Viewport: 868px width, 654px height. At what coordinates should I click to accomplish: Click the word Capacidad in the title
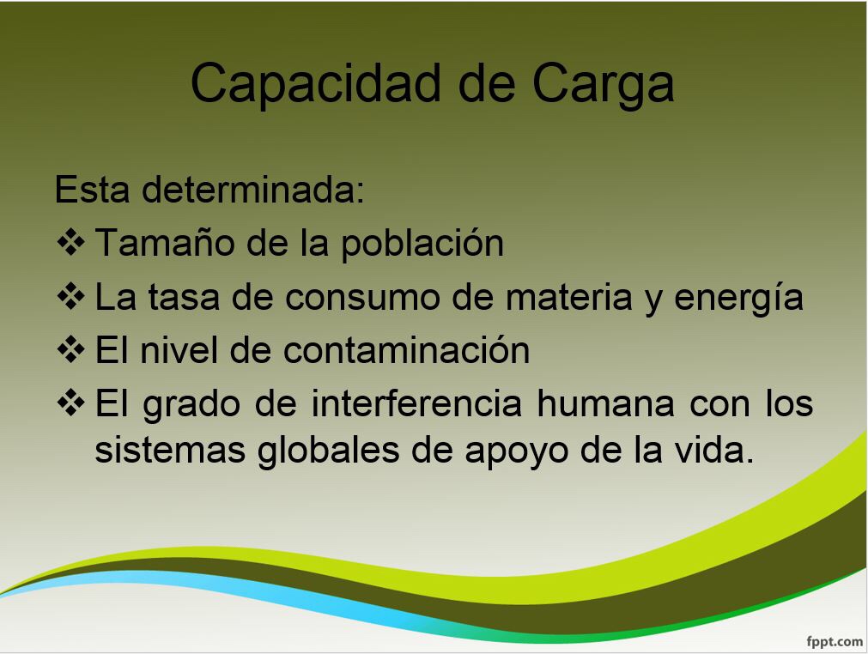[315, 83]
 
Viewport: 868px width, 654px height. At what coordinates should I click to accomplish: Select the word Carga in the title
[604, 83]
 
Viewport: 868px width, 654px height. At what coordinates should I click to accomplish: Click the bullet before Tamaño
[71, 242]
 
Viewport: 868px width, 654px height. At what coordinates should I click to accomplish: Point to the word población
[422, 244]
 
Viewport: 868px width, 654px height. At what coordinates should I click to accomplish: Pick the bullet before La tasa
[71, 296]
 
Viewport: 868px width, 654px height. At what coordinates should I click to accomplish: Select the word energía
[739, 298]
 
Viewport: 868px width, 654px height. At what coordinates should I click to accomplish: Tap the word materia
[569, 297]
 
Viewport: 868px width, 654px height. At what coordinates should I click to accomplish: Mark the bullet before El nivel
[71, 349]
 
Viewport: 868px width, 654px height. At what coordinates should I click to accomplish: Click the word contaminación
[407, 349]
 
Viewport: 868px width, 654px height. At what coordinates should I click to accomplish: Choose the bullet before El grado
[71, 403]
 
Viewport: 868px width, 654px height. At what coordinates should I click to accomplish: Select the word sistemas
[170, 450]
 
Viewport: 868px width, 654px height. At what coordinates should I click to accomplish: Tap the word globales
[328, 451]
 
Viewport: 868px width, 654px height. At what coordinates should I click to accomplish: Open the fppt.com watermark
[835, 642]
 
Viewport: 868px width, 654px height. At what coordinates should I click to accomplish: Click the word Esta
[93, 189]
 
